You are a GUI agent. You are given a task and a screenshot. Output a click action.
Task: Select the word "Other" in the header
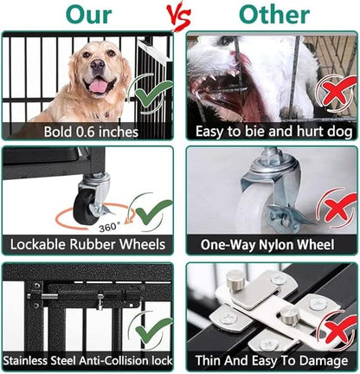coord(273,15)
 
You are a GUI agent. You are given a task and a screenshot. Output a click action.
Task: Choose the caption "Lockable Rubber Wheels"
coord(91,246)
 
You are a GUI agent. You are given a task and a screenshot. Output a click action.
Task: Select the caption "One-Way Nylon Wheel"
coord(271,246)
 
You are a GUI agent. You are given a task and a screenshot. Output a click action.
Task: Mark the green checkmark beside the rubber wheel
coord(154,212)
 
